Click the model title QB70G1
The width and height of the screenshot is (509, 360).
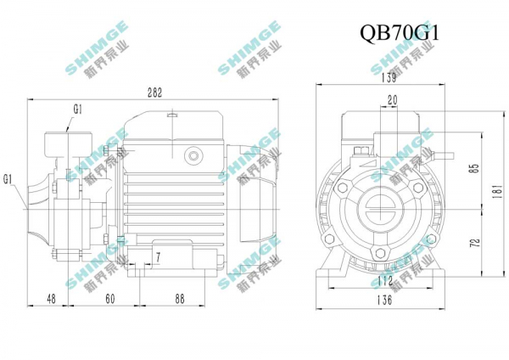(400, 33)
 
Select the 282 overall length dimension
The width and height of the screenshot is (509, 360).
(154, 93)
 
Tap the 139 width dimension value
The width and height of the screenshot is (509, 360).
(389, 77)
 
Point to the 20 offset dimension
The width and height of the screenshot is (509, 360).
(393, 100)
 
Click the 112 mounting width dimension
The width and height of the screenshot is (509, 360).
(385, 281)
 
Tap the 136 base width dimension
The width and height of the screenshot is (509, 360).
(384, 300)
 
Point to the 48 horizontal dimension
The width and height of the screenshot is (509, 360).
(51, 298)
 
